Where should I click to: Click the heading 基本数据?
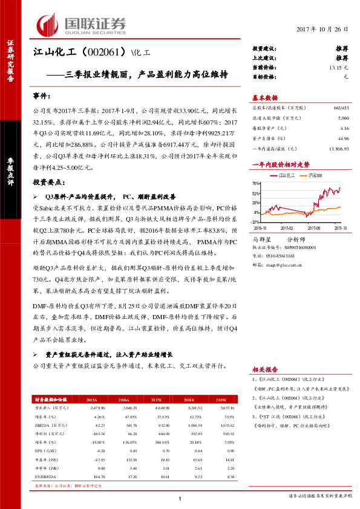pyautogui.click(x=264, y=98)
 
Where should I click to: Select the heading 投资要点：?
pyautogui.click(x=48, y=181)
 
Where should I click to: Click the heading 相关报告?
pyautogui.click(x=264, y=369)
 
